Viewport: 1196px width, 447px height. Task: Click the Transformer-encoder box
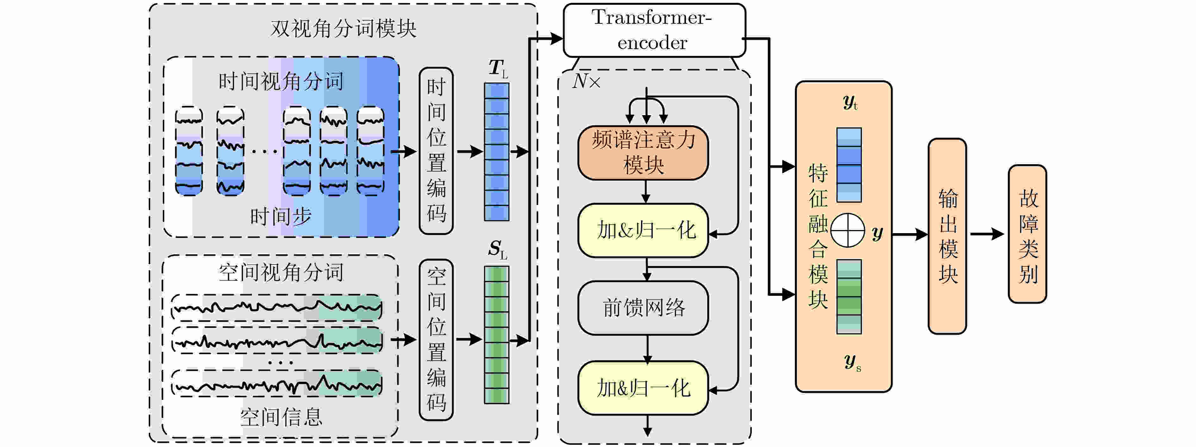tap(654, 30)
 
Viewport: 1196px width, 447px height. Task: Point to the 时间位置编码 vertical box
tap(436, 151)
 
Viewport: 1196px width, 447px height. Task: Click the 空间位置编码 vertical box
tap(436, 340)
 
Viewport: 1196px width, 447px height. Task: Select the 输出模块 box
tap(947, 236)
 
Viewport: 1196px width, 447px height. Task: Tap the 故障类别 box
tap(1027, 234)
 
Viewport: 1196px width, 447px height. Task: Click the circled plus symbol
tap(847, 230)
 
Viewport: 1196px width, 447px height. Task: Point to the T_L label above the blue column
tap(498, 69)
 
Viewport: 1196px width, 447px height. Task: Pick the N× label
tap(586, 82)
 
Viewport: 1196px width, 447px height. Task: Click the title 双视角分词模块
tap(344, 29)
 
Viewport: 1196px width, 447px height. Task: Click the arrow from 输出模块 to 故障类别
tap(987, 234)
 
